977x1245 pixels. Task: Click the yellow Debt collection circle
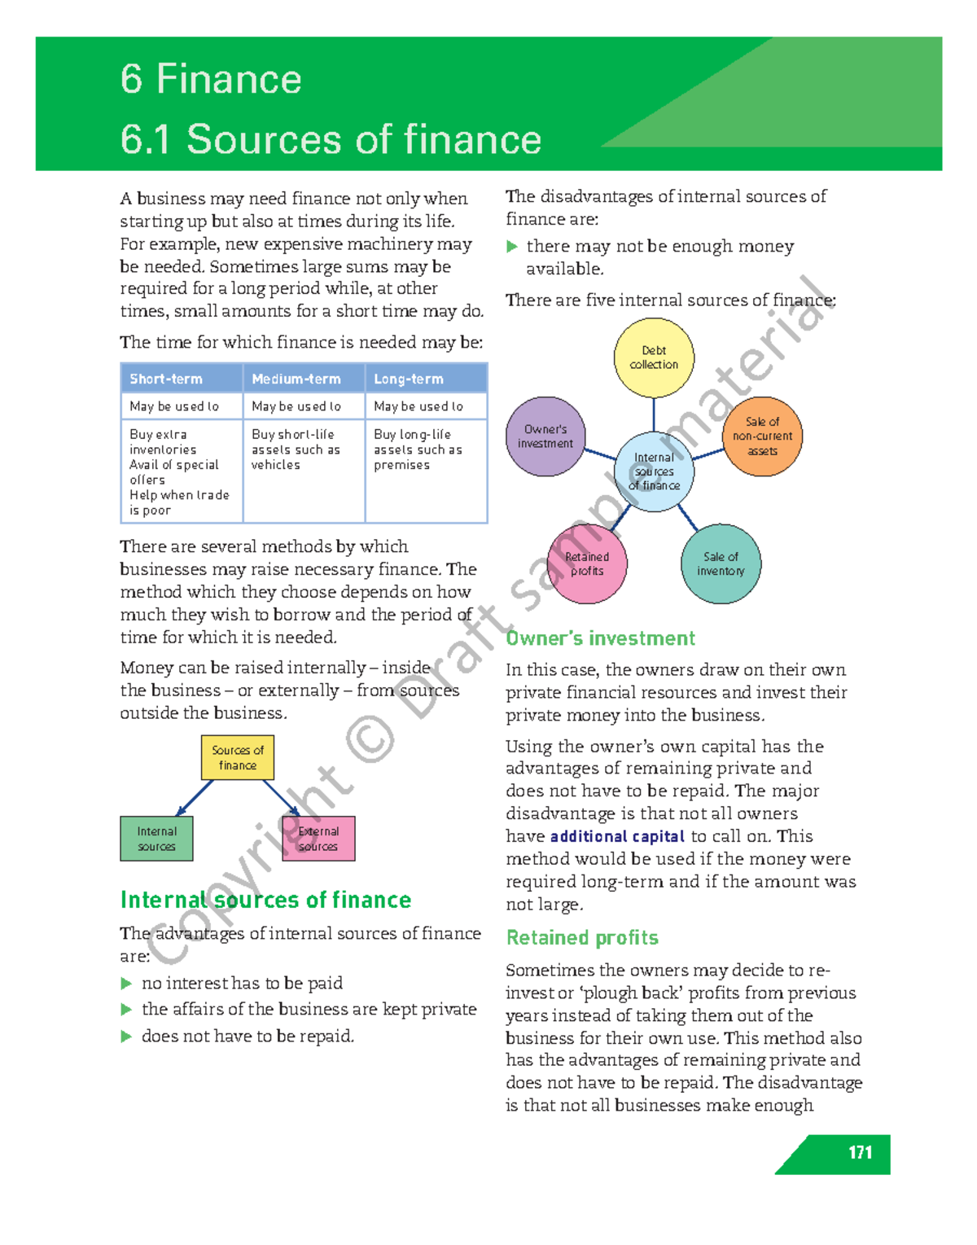[x=654, y=357]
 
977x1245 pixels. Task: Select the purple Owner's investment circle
[x=545, y=436]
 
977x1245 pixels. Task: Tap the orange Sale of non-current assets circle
[x=763, y=436]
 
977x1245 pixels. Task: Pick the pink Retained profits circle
[x=587, y=563]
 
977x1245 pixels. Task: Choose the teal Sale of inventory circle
[x=721, y=563]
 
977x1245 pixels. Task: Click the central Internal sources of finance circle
[x=654, y=471]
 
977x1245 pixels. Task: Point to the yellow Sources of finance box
[x=238, y=757]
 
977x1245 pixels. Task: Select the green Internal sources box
[x=156, y=839]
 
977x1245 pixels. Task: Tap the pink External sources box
[x=318, y=839]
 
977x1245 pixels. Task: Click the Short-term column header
[x=182, y=379]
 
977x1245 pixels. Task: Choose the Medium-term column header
[x=304, y=379]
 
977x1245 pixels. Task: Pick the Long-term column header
[x=426, y=379]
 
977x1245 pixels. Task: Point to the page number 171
[x=860, y=1152]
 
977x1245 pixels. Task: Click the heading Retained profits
[x=582, y=938]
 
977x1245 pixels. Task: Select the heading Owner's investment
[x=601, y=638]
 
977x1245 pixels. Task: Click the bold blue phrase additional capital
[x=617, y=836]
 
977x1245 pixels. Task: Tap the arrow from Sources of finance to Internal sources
[x=195, y=798]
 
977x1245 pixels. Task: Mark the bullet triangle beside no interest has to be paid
[x=126, y=984]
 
